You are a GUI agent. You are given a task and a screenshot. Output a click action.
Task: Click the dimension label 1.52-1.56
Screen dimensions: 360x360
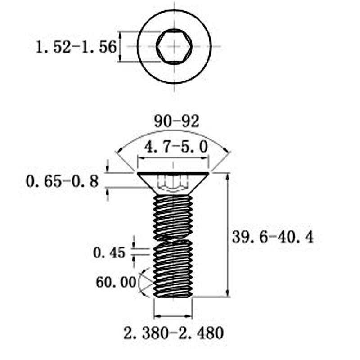coord(76,46)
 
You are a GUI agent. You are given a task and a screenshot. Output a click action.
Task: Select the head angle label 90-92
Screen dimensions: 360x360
coord(176,121)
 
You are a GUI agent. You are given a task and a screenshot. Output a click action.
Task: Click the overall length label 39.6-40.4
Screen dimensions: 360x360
coord(273,236)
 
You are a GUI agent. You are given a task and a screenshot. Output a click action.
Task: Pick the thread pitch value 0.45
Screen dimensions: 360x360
coord(109,253)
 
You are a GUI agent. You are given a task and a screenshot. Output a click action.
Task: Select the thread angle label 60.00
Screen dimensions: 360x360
coord(116,282)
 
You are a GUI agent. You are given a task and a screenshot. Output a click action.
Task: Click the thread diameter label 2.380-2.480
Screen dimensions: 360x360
coord(173,333)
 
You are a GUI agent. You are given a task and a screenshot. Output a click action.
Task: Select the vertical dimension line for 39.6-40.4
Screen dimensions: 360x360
coord(229,234)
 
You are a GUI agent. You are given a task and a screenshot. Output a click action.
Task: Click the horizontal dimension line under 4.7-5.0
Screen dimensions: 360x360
coord(173,158)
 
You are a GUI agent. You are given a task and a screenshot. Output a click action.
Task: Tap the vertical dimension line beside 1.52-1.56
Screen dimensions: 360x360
coord(120,46)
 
